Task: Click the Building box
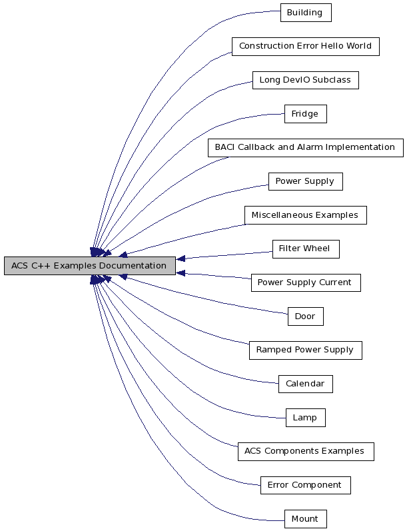(305, 13)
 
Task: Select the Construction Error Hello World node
(305, 47)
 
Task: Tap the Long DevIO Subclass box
(305, 81)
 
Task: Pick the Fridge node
(305, 114)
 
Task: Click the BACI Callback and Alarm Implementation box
(305, 147)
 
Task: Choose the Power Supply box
(305, 181)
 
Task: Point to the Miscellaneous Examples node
(305, 215)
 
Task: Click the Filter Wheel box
(305, 249)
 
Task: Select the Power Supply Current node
(305, 282)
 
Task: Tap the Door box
(305, 316)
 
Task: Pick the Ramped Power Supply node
(305, 350)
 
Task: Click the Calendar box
(305, 384)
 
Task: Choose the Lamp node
(305, 418)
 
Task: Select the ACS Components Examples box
(305, 451)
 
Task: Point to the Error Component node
(305, 485)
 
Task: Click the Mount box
(305, 519)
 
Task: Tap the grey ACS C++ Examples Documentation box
(89, 266)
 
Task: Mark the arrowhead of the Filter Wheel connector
(181, 259)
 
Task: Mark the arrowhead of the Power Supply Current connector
(181, 273)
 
